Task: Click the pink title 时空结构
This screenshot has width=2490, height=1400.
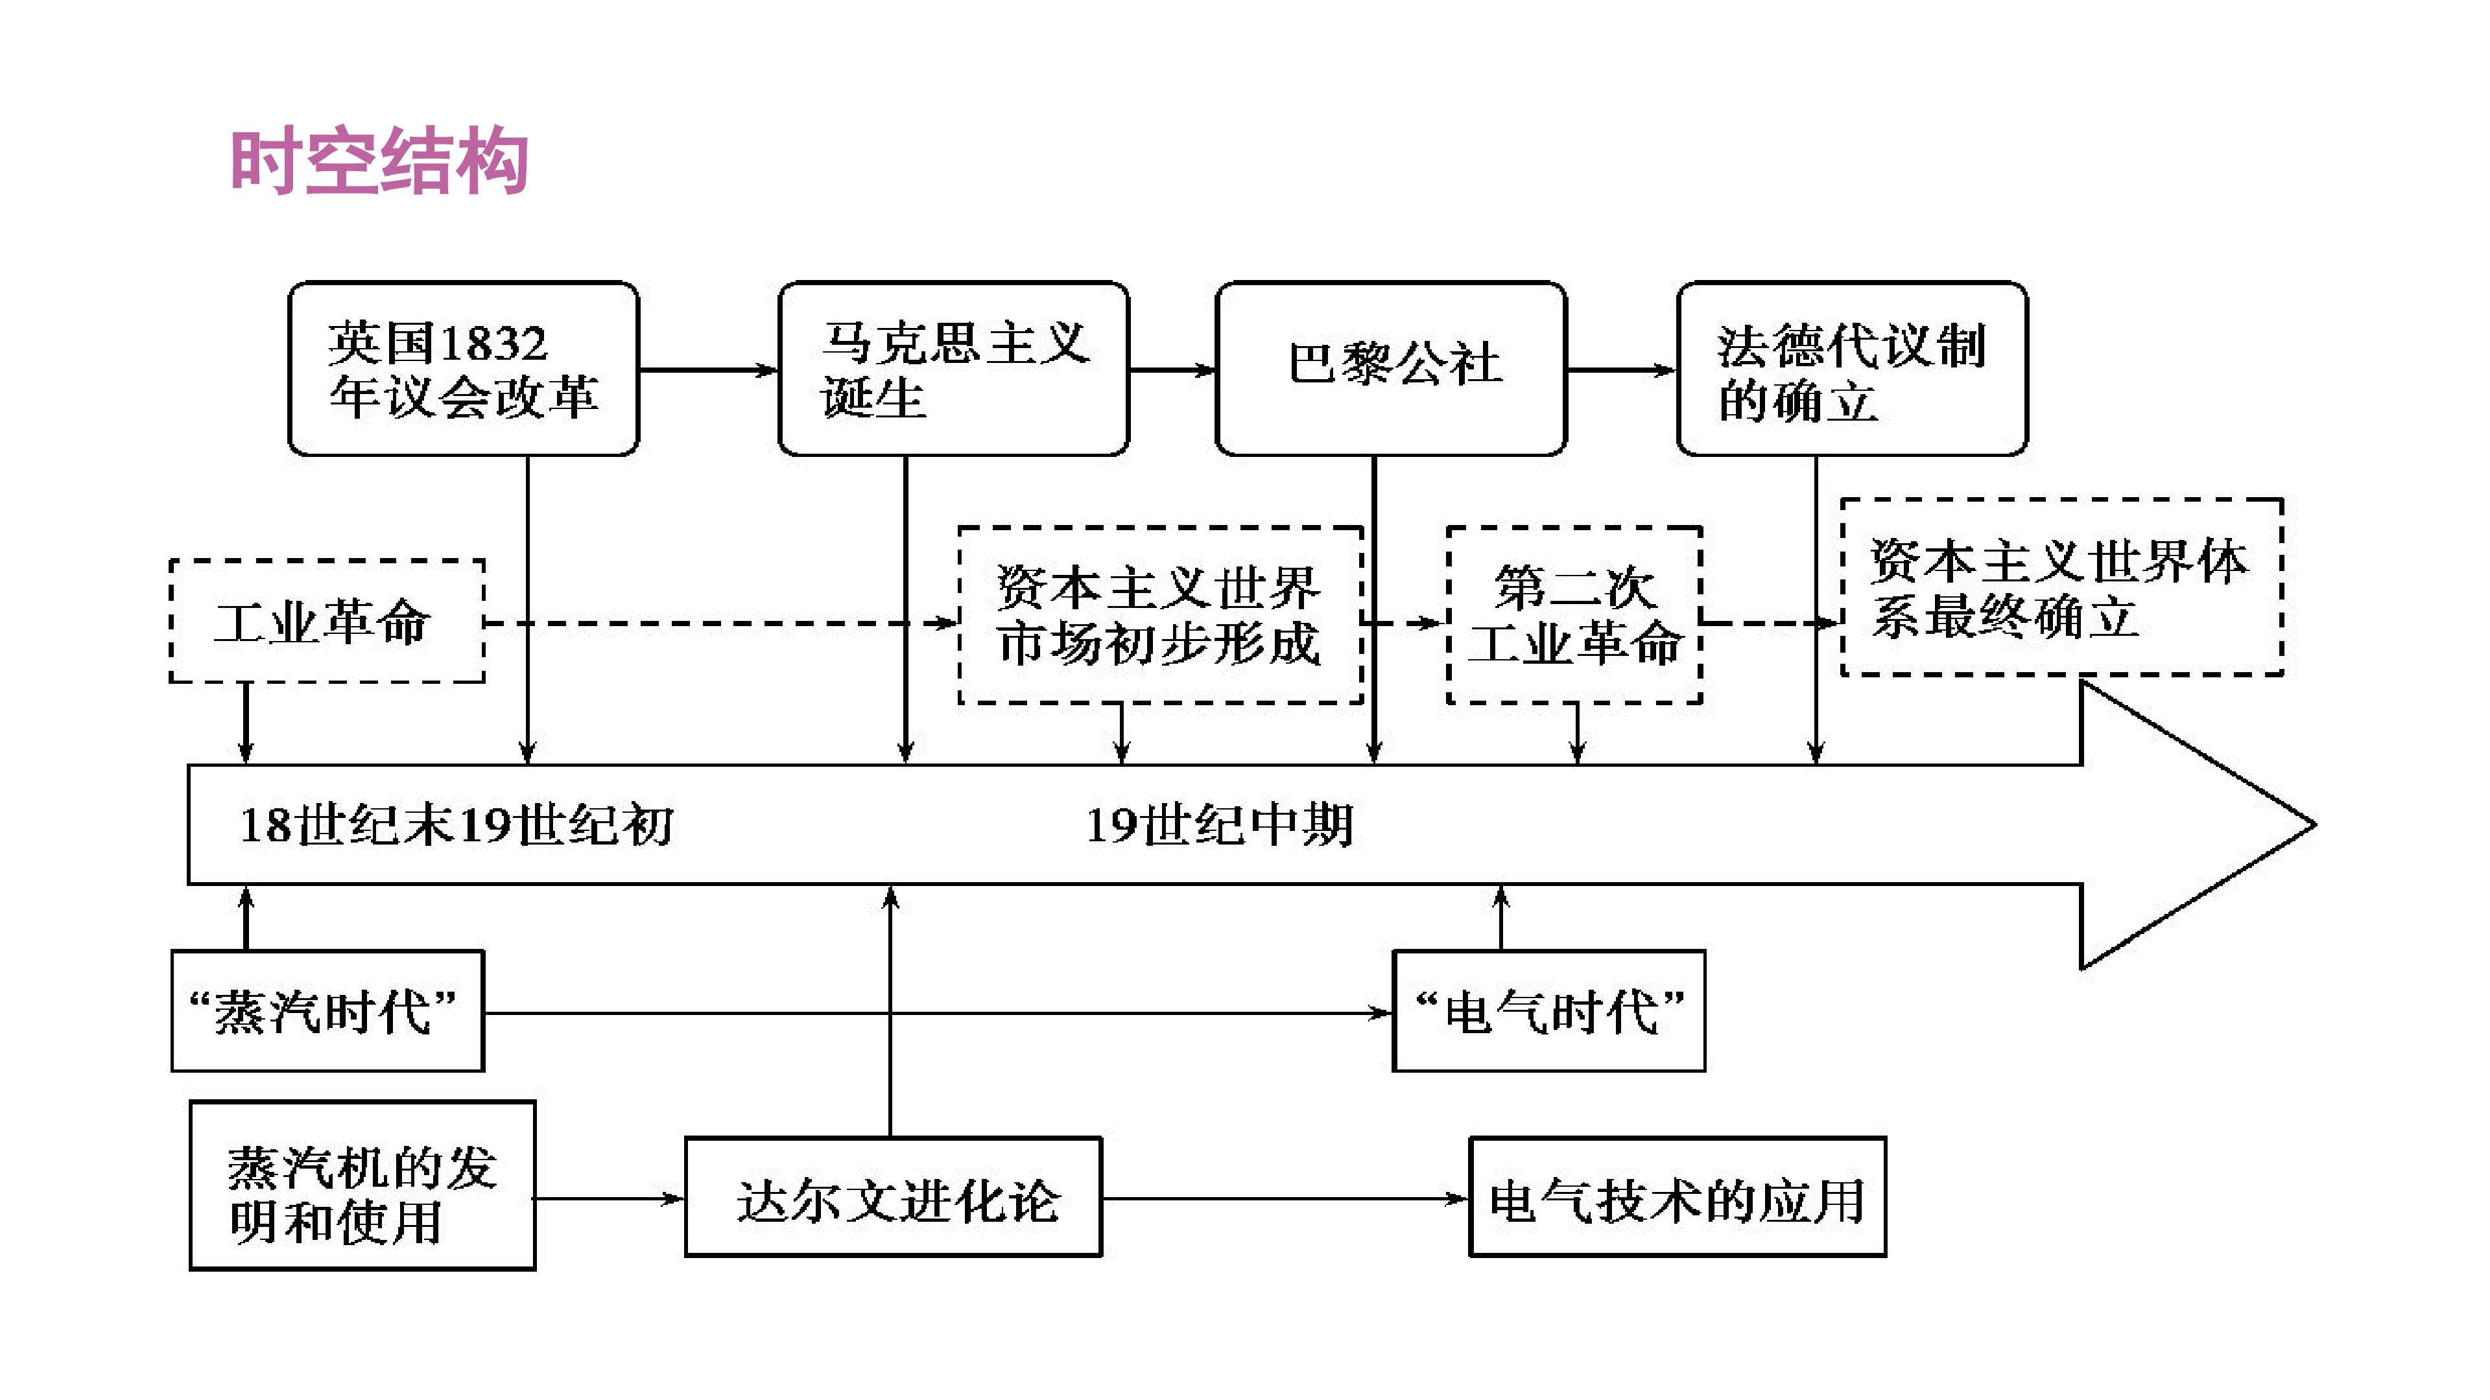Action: coord(379,161)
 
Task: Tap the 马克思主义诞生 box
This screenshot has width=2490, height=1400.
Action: coord(953,369)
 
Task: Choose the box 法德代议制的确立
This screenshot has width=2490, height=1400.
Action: coord(1851,369)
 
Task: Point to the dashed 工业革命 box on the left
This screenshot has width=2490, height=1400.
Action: coord(327,622)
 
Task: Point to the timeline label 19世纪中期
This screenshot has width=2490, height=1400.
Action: coord(1219,825)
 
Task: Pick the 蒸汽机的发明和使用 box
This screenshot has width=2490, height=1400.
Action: coord(362,1185)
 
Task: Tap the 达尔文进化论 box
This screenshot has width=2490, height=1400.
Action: coord(893,1198)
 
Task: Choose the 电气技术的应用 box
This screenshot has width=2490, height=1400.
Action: coord(1677,1198)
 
